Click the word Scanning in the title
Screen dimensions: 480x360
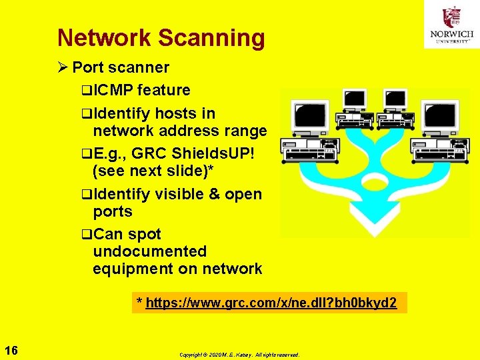[x=211, y=38]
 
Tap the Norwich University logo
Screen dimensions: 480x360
[x=451, y=25]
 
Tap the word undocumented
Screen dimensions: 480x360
[x=150, y=251]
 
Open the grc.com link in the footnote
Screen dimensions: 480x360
[x=271, y=303]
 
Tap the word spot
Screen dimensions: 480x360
[x=145, y=234]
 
